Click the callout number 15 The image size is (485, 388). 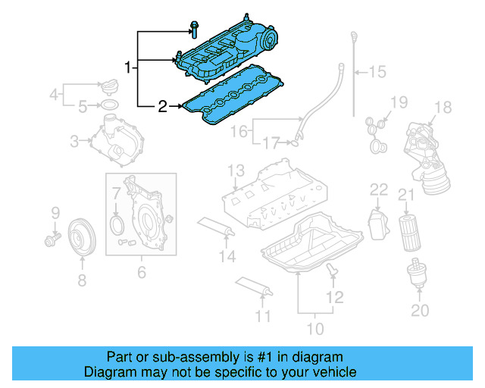[377, 72]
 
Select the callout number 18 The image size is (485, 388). [443, 107]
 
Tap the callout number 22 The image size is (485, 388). [379, 189]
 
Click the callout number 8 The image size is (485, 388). [81, 280]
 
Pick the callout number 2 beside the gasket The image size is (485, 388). [161, 106]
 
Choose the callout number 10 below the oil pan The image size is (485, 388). [314, 328]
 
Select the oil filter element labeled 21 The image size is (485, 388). [406, 232]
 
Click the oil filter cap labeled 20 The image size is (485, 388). [416, 274]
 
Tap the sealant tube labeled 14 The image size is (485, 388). [216, 227]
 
